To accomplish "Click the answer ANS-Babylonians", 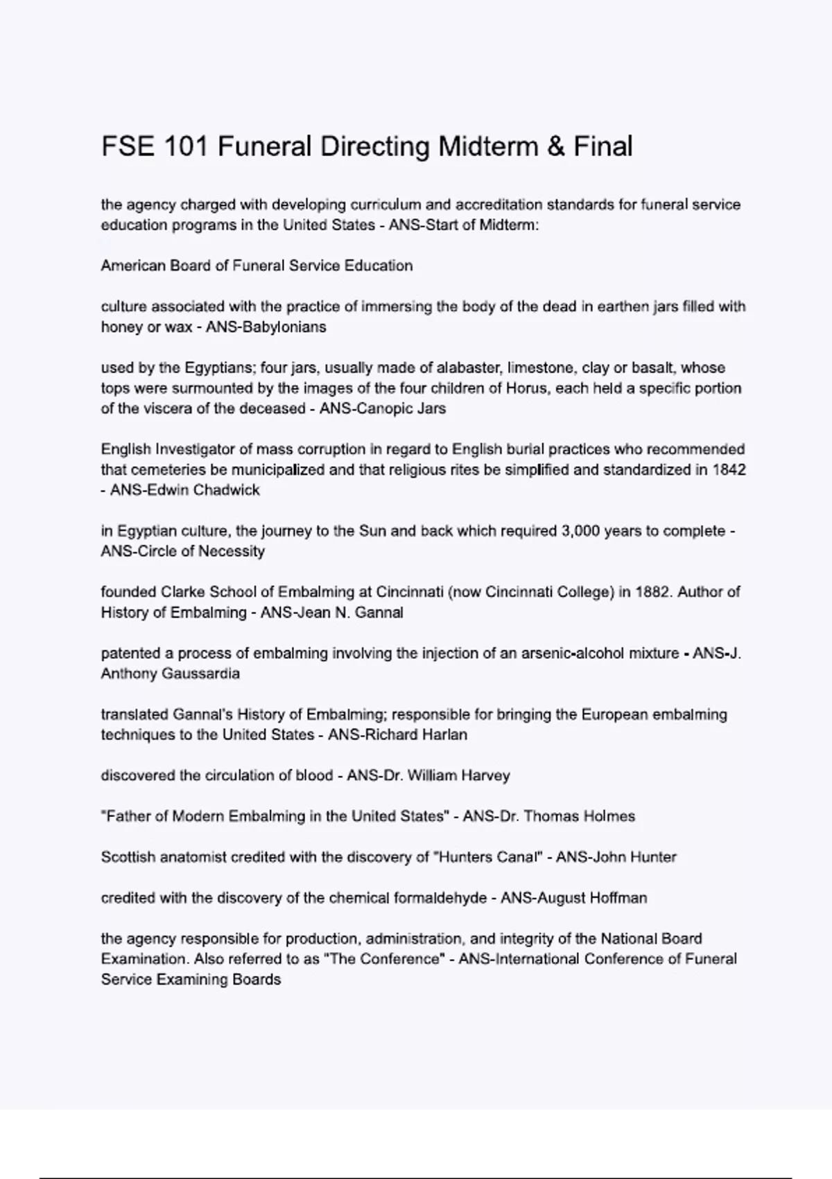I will [266, 327].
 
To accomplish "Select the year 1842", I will [729, 470].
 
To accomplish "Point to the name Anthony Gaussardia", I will [171, 673].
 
